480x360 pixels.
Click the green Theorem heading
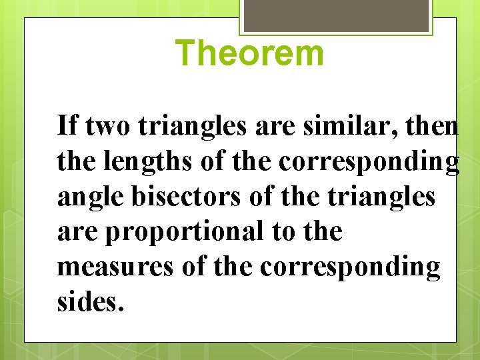tap(250, 53)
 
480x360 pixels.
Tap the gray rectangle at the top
tap(336, 15)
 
